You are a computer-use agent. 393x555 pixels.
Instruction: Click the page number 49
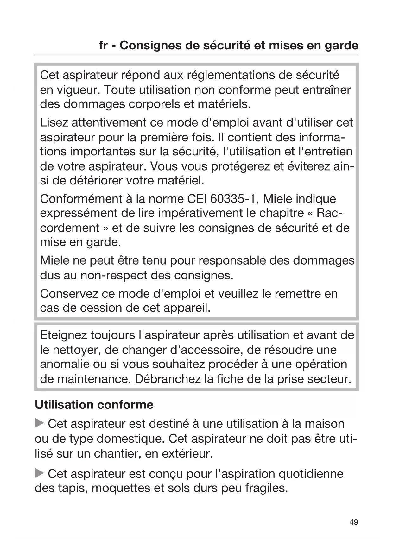pyautogui.click(x=354, y=522)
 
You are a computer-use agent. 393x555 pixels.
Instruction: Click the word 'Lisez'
pyautogui.click(x=54, y=122)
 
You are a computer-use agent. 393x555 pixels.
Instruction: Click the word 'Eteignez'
pyautogui.click(x=63, y=335)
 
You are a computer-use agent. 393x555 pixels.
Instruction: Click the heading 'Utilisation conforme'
pyautogui.click(x=94, y=405)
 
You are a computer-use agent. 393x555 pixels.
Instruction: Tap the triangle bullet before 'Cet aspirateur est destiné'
pyautogui.click(x=39, y=423)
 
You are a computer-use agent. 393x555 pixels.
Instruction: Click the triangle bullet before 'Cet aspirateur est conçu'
pyautogui.click(x=39, y=473)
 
